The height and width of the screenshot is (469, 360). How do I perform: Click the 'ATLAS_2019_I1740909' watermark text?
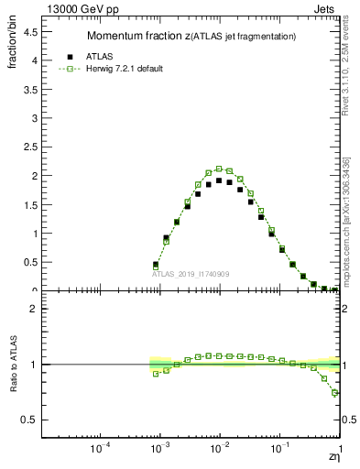point(191,274)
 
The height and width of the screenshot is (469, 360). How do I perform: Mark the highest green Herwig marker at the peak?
point(219,169)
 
